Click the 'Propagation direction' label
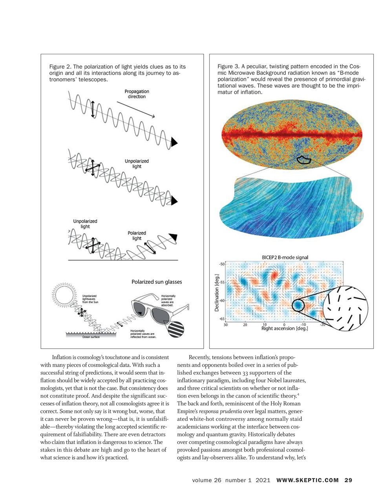pyautogui.click(x=137, y=94)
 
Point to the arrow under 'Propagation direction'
pyautogui.click(x=135, y=110)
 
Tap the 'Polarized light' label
pyautogui.click(x=137, y=235)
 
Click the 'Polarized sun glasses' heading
pyautogui.click(x=157, y=282)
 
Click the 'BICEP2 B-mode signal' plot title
pyautogui.click(x=285, y=257)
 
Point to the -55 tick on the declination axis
pyautogui.click(x=222, y=282)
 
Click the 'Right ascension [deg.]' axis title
pyautogui.click(x=285, y=329)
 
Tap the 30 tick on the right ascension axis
pyautogui.click(x=226, y=325)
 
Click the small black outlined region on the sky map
pyautogui.click(x=303, y=160)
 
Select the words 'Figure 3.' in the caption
pyautogui.click(x=228, y=66)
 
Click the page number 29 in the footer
pyautogui.click(x=348, y=480)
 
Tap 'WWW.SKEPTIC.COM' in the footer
pyautogui.click(x=307, y=480)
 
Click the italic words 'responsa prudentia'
pyautogui.click(x=220, y=411)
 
